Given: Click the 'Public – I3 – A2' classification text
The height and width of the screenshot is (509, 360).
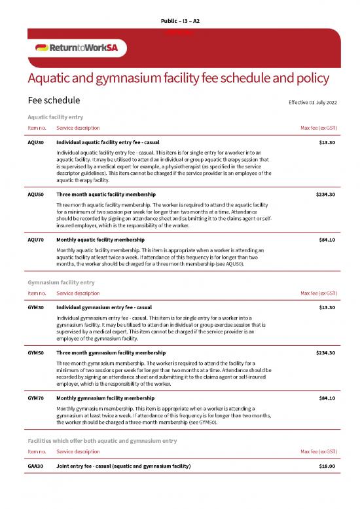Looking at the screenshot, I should pyautogui.click(x=180, y=22).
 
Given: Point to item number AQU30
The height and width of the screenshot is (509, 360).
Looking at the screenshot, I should pyautogui.click(x=35, y=142).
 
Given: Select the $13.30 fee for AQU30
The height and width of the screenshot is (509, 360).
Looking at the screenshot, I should pyautogui.click(x=326, y=142).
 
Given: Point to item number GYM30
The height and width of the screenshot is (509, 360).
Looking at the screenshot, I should pyautogui.click(x=35, y=307).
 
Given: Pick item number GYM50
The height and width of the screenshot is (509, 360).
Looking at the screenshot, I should pyautogui.click(x=35, y=352).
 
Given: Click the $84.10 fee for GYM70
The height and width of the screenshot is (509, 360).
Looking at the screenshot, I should pyautogui.click(x=326, y=398).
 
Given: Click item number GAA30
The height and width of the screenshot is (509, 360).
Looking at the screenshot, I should pyautogui.click(x=35, y=466).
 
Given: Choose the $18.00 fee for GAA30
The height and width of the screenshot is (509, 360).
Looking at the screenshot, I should pyautogui.click(x=326, y=466).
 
